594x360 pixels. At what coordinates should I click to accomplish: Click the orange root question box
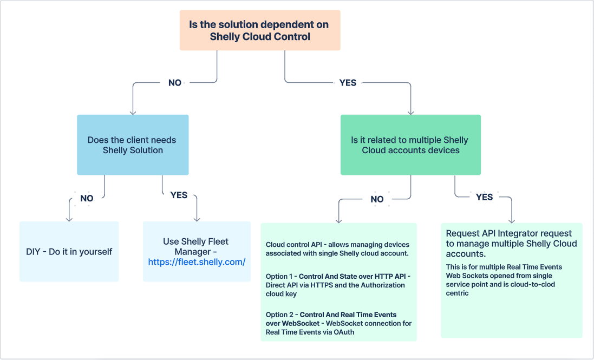[260, 30]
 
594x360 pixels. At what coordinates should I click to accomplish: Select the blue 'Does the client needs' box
[133, 145]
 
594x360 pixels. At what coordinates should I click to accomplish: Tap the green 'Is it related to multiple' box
[410, 145]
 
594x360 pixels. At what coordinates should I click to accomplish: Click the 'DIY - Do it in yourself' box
[69, 252]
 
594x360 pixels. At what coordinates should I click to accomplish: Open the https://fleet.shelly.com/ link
[197, 262]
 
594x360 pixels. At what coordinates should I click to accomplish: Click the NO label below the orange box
[175, 83]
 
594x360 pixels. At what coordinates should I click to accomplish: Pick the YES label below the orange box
[348, 83]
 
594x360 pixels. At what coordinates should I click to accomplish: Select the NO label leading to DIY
[87, 198]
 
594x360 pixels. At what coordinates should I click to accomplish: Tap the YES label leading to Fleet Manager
[179, 195]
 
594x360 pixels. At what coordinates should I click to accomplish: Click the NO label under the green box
[377, 199]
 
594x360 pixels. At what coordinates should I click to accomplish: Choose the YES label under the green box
[484, 197]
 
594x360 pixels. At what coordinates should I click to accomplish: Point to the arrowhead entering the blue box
[133, 112]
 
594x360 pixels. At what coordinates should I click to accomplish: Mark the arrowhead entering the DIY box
[69, 219]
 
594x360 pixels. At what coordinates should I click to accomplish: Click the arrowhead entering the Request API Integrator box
[511, 220]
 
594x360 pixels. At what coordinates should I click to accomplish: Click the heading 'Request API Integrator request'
[508, 233]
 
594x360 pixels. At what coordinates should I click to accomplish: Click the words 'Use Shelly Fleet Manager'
[195, 246]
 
